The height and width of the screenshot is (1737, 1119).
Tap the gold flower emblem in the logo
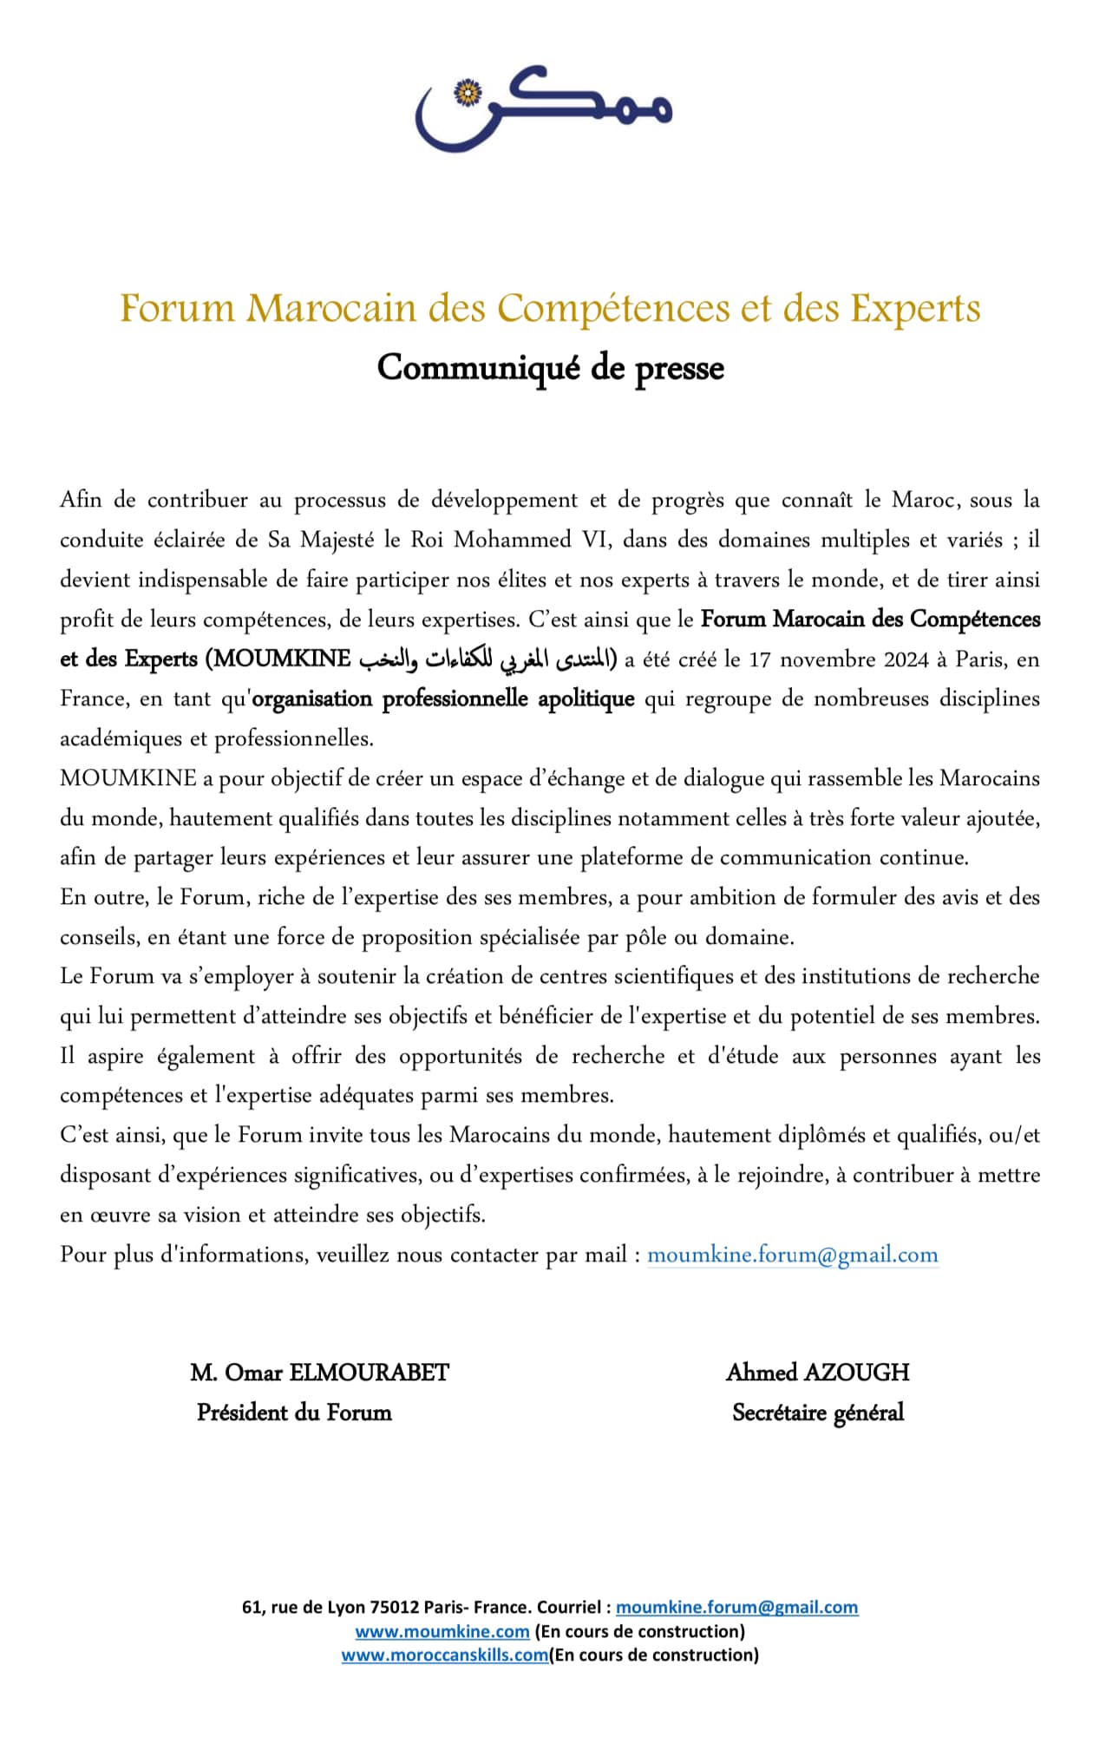point(468,93)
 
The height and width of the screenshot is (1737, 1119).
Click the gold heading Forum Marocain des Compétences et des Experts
point(550,309)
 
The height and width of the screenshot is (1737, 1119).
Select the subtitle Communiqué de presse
point(550,368)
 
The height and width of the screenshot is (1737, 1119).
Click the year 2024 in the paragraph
point(906,659)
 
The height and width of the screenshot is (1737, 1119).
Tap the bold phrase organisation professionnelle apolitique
point(443,699)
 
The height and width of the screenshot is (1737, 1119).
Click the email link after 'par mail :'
point(792,1255)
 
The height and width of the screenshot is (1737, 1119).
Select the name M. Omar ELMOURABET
point(319,1373)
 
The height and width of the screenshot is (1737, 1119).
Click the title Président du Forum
point(294,1413)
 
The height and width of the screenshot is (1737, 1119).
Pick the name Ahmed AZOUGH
point(818,1373)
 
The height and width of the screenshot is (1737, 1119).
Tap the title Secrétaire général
point(818,1413)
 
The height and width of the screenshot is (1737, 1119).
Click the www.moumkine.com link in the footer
point(442,1631)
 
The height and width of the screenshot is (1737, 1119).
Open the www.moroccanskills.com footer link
point(445,1655)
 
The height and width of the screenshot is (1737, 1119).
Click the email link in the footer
point(736,1608)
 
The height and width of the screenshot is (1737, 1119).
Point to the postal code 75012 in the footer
point(396,1608)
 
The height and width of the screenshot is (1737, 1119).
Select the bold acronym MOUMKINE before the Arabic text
point(283,659)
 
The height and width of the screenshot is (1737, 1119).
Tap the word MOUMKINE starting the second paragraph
point(128,778)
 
